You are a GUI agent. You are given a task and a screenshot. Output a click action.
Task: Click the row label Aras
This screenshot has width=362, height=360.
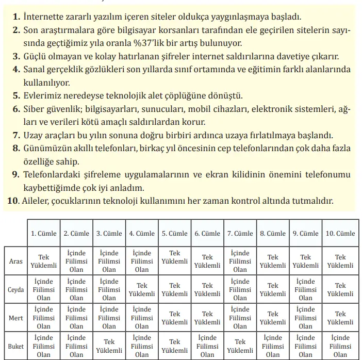(16, 261)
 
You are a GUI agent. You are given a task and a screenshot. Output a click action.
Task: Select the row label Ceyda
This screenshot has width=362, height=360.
(16, 289)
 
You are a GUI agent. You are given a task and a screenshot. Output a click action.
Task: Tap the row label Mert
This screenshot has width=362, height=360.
(16, 318)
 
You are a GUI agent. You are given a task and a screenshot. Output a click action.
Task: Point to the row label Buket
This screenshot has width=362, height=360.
(16, 346)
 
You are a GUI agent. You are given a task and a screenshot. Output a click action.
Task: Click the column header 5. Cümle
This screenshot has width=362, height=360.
(175, 233)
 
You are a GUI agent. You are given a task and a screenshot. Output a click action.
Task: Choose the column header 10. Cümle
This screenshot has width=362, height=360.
(340, 233)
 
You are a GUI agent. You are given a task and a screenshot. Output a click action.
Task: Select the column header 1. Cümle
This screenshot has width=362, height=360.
(44, 233)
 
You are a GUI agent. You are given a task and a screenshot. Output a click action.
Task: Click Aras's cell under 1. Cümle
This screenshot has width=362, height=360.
(44, 261)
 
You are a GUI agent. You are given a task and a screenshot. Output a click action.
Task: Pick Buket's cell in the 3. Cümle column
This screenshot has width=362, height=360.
(109, 346)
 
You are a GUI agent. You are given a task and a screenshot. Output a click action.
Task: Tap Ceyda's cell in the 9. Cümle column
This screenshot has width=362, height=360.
(306, 289)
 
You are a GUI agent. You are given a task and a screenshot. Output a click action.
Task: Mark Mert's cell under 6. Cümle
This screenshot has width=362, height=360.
(207, 318)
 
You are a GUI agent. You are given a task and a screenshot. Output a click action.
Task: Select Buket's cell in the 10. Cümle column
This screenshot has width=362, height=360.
(340, 346)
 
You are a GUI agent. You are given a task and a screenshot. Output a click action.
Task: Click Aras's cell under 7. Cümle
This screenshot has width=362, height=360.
(240, 261)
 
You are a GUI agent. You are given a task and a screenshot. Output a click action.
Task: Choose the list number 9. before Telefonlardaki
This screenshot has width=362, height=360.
(15, 175)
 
